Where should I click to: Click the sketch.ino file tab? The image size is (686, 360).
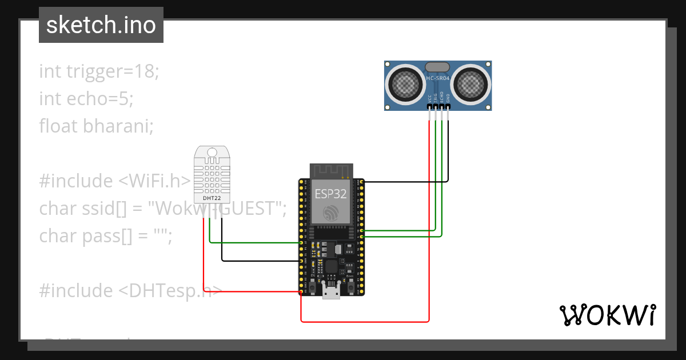pos(101,25)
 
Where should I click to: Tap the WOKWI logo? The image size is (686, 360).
pos(607,315)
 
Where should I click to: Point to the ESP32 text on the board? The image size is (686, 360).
pos(330,193)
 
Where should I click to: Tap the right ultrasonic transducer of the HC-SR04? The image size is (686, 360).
pos(472,84)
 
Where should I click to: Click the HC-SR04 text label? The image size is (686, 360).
pos(438,78)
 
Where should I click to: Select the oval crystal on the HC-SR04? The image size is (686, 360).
pos(438,66)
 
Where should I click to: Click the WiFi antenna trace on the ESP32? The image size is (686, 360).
pos(331,170)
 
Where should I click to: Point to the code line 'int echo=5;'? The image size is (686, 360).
pos(86,98)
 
